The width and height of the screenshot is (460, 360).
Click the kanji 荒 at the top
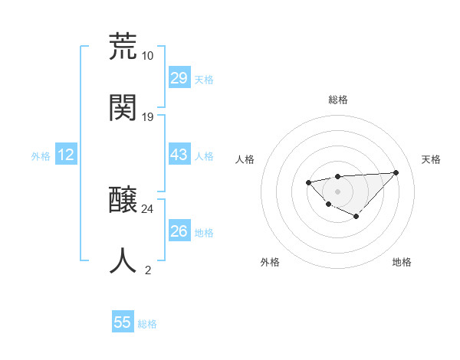pyautogui.click(x=123, y=47)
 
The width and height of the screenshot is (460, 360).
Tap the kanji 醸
pyautogui.click(x=123, y=201)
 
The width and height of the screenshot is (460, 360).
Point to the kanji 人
pyautogui.click(x=123, y=260)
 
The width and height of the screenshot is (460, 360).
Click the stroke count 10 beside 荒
pyautogui.click(x=148, y=56)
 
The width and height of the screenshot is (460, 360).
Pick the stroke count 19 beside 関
pyautogui.click(x=148, y=116)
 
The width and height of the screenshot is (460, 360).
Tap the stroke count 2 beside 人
pyautogui.click(x=148, y=270)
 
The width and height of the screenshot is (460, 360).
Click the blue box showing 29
pyautogui.click(x=179, y=78)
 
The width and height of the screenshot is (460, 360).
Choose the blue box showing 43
pyautogui.click(x=179, y=155)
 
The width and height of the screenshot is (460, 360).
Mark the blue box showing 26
pyautogui.click(x=179, y=231)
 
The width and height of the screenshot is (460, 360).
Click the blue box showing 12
pyautogui.click(x=66, y=155)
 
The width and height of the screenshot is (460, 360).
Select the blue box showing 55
pyautogui.click(x=123, y=322)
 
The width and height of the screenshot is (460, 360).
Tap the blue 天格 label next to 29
pyautogui.click(x=204, y=80)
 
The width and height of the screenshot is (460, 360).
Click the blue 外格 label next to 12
pyautogui.click(x=41, y=156)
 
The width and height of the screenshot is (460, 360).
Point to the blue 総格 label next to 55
pyautogui.click(x=147, y=324)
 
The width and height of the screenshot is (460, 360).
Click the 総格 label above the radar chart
pyautogui.click(x=338, y=100)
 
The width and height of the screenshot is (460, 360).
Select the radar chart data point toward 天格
pyautogui.click(x=396, y=172)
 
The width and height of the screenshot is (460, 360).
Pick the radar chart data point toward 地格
pyautogui.click(x=356, y=217)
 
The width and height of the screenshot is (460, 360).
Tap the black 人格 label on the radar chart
pyautogui.click(x=245, y=159)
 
